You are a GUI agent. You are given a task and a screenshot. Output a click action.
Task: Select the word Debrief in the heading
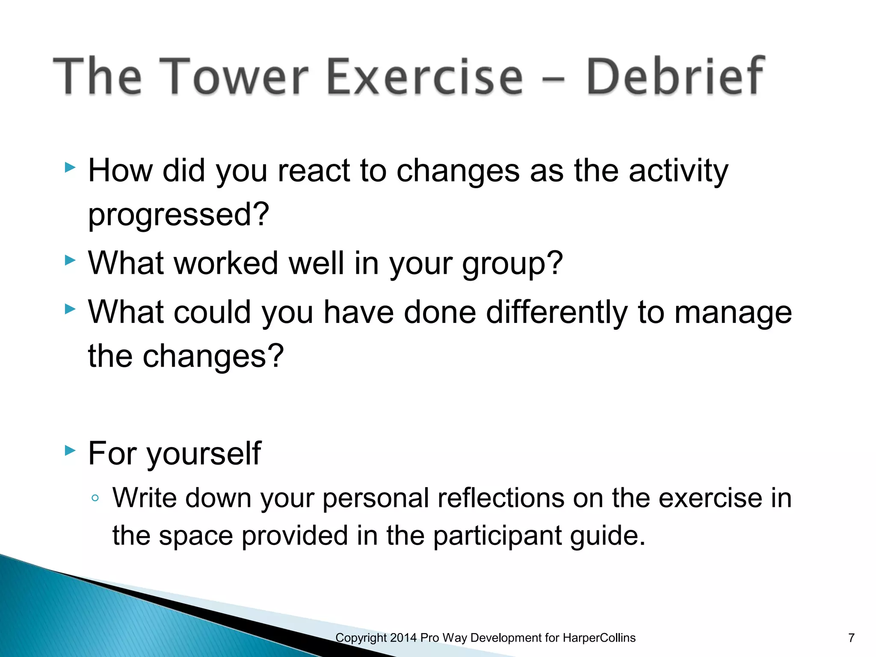[675, 77]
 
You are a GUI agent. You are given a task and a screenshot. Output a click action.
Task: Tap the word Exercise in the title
[425, 77]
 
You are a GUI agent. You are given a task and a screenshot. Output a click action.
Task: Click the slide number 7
[851, 638]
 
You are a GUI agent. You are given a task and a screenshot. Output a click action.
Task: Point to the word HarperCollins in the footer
[599, 638]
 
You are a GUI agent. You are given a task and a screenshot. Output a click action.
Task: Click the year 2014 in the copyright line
[403, 638]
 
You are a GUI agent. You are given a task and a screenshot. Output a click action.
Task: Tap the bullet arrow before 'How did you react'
[70, 167]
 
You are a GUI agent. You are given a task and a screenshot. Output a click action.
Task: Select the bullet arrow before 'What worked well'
[70, 260]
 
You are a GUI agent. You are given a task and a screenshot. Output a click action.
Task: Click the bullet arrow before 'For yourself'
[70, 450]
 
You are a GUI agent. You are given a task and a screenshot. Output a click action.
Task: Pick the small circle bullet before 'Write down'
[95, 498]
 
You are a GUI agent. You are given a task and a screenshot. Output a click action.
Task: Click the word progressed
[178, 215]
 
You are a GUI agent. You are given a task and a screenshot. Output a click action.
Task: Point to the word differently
[557, 313]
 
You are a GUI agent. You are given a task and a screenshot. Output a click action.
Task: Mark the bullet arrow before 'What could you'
[70, 309]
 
